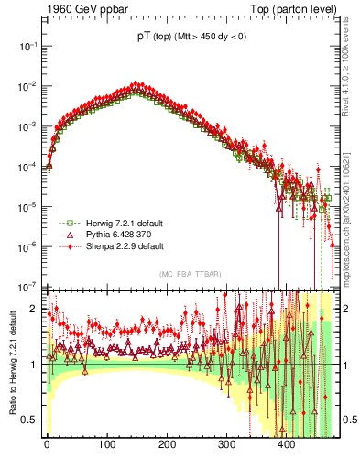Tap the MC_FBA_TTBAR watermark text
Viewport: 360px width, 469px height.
(x=188, y=275)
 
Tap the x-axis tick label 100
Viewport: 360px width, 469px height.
(x=106, y=443)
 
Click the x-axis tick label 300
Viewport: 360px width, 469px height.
(x=226, y=443)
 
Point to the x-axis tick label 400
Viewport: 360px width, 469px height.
(x=286, y=443)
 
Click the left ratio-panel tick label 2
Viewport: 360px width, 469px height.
(x=34, y=309)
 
